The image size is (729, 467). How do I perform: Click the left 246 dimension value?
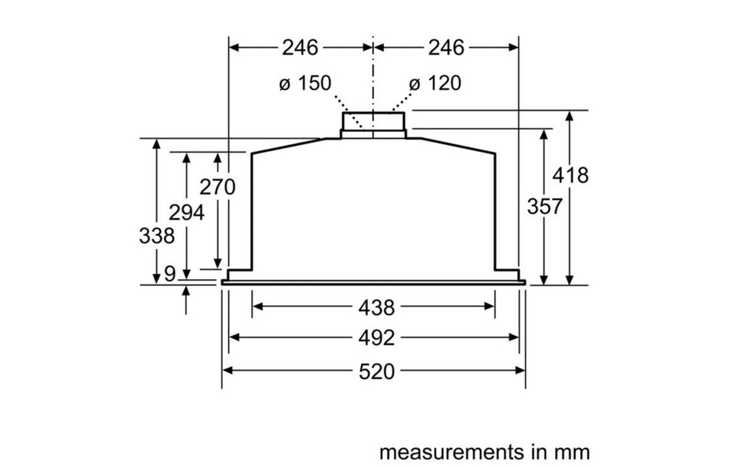click(300, 47)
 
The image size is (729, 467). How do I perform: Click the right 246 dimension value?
click(446, 47)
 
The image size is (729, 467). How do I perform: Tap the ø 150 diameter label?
click(305, 83)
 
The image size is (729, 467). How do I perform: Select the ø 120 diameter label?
click(435, 83)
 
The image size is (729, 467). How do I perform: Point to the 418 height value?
click(571, 175)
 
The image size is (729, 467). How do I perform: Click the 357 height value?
click(545, 206)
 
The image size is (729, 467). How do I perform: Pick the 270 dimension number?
click(218, 187)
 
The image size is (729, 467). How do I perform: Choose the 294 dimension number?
click(186, 213)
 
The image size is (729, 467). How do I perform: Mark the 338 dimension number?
click(156, 236)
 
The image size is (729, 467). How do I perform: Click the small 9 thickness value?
click(170, 274)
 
